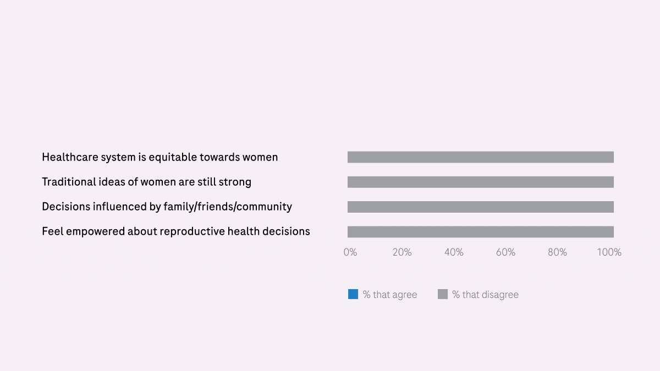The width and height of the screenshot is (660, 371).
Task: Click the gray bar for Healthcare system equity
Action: pos(480,157)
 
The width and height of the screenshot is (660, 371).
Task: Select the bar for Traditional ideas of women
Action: pos(480,182)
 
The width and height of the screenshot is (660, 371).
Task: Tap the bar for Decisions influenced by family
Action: pos(480,207)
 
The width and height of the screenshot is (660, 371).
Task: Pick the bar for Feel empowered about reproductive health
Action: pos(480,231)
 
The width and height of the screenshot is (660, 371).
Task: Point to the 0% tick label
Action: pos(350,252)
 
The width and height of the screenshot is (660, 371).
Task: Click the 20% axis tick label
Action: pos(402,252)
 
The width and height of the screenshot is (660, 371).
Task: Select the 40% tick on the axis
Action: pos(454,252)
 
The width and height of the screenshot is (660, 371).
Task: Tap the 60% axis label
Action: pos(505,252)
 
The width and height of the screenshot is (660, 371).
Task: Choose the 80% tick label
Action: pos(557,252)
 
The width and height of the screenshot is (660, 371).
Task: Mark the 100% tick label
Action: pos(609,252)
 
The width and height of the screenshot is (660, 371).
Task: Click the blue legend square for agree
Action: pos(353,294)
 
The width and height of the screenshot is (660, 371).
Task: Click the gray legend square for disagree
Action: pos(443,294)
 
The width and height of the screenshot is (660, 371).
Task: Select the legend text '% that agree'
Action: pos(390,295)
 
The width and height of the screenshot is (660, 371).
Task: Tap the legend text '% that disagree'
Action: pos(485,295)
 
